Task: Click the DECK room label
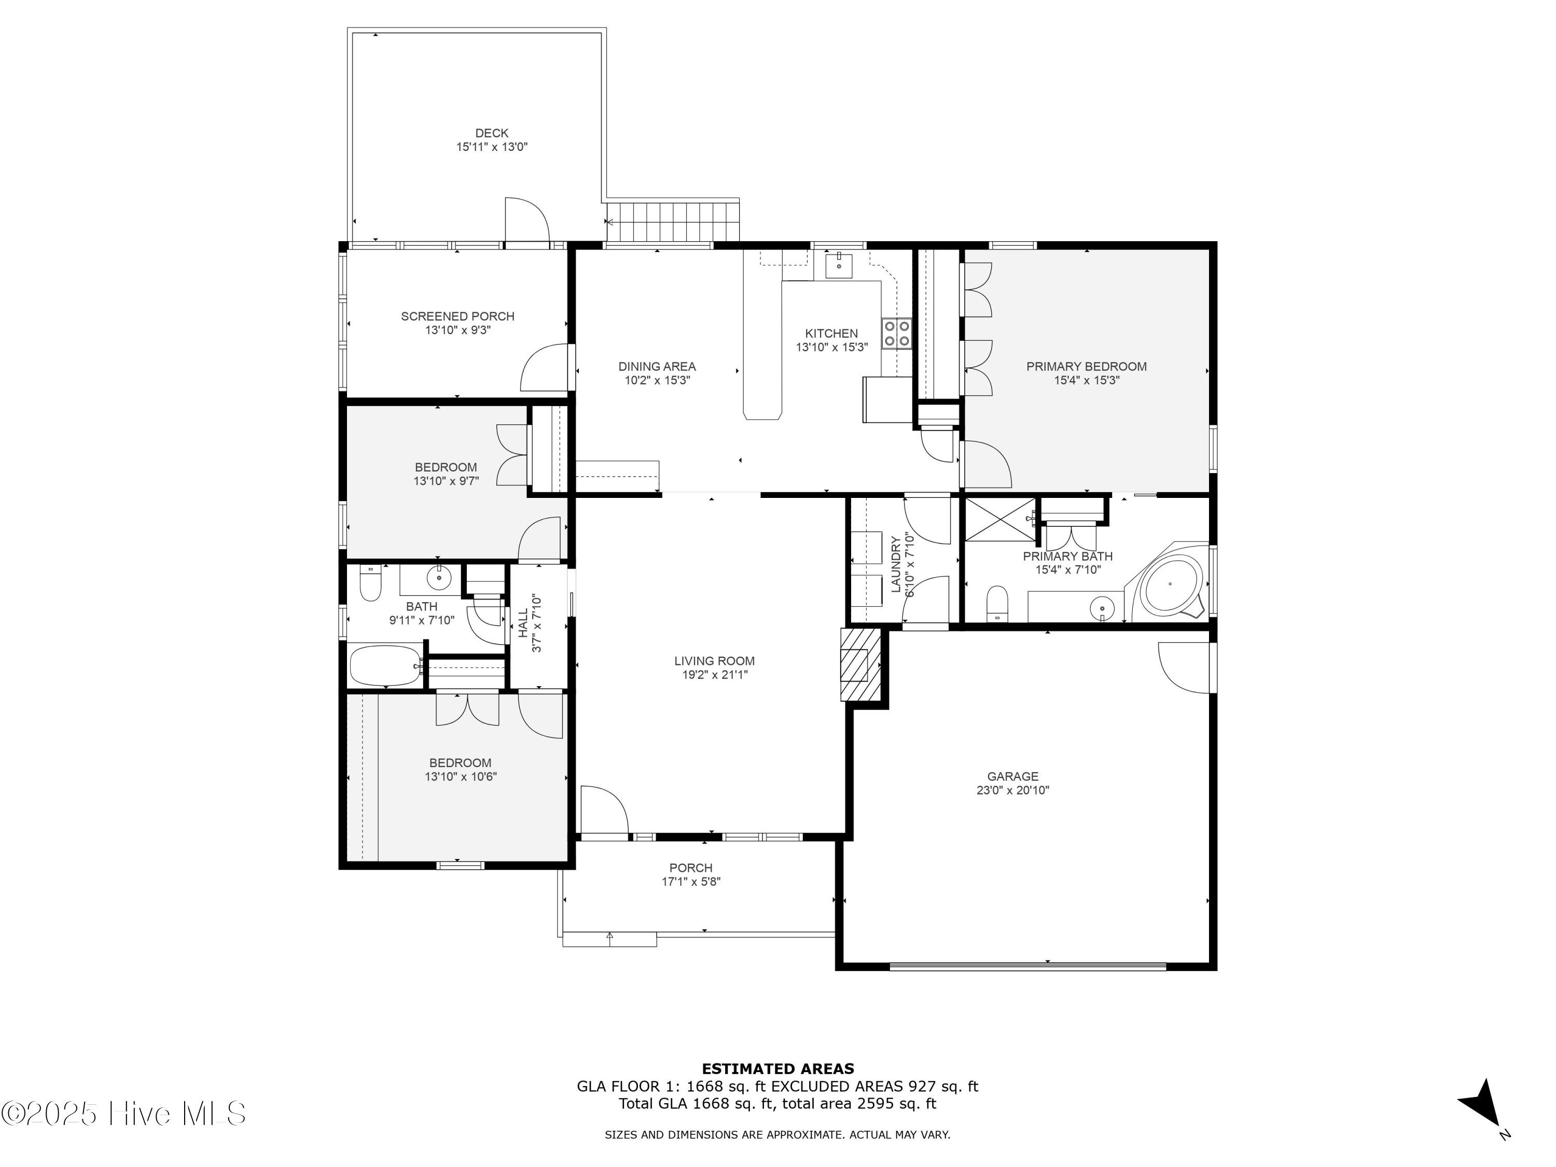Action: tap(491, 133)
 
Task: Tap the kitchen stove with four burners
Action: tap(896, 334)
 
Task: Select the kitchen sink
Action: tap(839, 266)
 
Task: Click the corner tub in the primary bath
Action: tap(1170, 585)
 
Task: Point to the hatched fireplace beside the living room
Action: tap(859, 664)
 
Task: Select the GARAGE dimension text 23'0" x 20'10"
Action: tap(1012, 790)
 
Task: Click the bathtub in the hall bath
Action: tap(385, 665)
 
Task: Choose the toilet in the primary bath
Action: tap(997, 604)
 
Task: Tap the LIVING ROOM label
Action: tap(714, 661)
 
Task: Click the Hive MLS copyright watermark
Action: tap(123, 1114)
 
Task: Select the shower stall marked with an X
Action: tap(999, 519)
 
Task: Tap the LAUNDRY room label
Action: tap(895, 564)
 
